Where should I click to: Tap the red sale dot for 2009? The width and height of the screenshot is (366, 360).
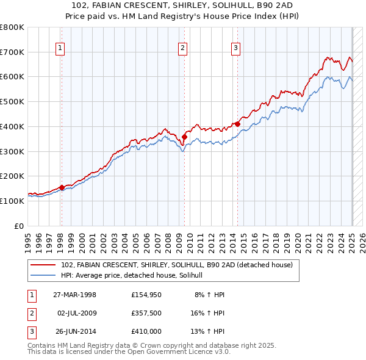[184, 137]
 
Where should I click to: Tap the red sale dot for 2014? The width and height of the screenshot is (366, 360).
[237, 124]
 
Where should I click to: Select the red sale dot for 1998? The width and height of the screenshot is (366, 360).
[62, 187]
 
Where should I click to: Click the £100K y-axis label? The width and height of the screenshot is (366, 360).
[12, 201]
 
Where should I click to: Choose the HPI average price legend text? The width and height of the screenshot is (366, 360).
[135, 276]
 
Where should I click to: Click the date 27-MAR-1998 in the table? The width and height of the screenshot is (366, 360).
[74, 295]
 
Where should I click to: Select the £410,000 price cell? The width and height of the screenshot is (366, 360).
[147, 331]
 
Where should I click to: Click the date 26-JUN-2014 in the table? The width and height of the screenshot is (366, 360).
[74, 331]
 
